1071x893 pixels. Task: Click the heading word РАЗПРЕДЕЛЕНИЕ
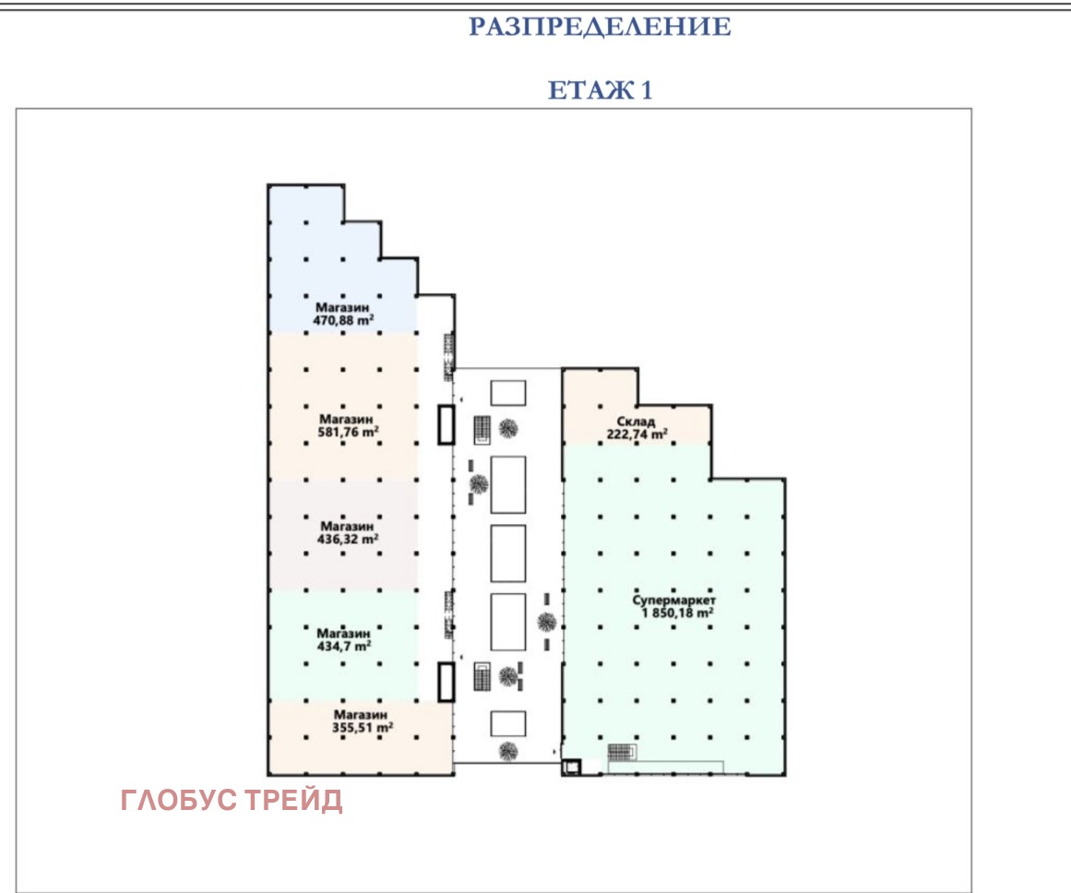pyautogui.click(x=600, y=27)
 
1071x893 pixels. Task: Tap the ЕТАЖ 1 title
pyautogui.click(x=600, y=90)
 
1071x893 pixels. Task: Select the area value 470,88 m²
pyautogui.click(x=343, y=320)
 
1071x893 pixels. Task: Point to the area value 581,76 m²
pyautogui.click(x=348, y=432)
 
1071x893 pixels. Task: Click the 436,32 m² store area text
pyautogui.click(x=348, y=539)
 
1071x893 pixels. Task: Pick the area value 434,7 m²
pyautogui.click(x=343, y=646)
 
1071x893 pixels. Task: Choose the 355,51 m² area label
pyautogui.click(x=362, y=728)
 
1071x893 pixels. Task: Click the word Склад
pyautogui.click(x=636, y=422)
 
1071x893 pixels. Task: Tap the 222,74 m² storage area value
pyautogui.click(x=637, y=434)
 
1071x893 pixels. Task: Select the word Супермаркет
pyautogui.click(x=673, y=600)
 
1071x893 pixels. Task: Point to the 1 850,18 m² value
pyautogui.click(x=677, y=613)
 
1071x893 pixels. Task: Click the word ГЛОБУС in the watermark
pyautogui.click(x=179, y=800)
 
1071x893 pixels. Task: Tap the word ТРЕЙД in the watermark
pyautogui.click(x=293, y=799)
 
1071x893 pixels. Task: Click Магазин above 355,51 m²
pyautogui.click(x=361, y=715)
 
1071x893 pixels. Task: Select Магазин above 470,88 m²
pyautogui.click(x=342, y=307)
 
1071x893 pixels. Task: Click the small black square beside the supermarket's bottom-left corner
pyautogui.click(x=571, y=768)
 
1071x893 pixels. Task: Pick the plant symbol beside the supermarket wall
pyautogui.click(x=546, y=622)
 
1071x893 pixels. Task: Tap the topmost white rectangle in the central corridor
pyautogui.click(x=508, y=394)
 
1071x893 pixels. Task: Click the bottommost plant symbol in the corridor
pyautogui.click(x=507, y=752)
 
